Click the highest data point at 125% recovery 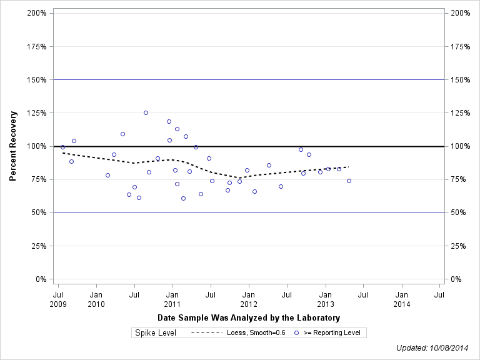pyautogui.click(x=146, y=112)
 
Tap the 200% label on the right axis pyautogui.click(x=459, y=13)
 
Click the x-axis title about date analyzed pyautogui.click(x=249, y=318)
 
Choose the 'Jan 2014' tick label pyautogui.click(x=402, y=299)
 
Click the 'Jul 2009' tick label pyautogui.click(x=58, y=299)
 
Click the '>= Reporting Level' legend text pyautogui.click(x=332, y=333)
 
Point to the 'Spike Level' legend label pyautogui.click(x=156, y=333)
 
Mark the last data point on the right pyautogui.click(x=349, y=181)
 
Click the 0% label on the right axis pyautogui.click(x=456, y=279)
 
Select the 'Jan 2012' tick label pyautogui.click(x=249, y=299)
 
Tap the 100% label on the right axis pyautogui.click(x=459, y=146)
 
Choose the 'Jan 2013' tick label pyautogui.click(x=326, y=299)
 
